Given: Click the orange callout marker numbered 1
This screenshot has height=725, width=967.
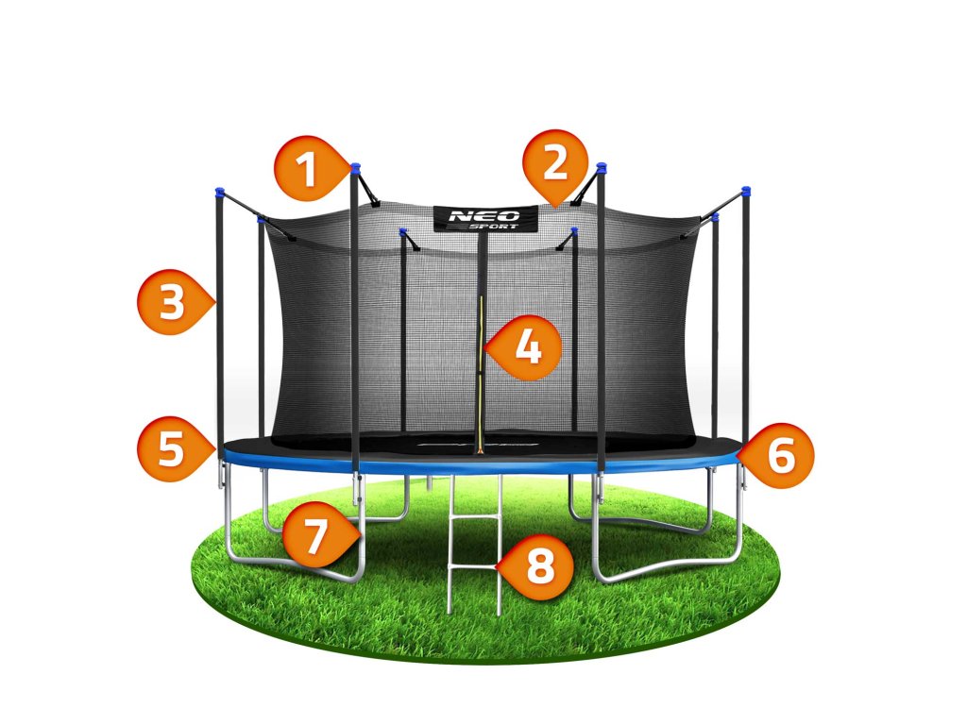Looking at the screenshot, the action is click(306, 171).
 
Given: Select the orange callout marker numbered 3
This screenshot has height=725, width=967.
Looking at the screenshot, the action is click(171, 304).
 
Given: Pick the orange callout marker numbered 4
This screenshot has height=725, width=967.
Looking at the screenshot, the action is click(528, 347).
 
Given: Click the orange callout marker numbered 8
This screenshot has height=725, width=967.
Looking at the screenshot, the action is click(539, 567).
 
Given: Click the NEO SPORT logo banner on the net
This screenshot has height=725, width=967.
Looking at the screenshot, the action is click(485, 218).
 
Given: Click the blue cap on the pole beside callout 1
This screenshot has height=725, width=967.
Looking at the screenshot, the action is click(355, 168).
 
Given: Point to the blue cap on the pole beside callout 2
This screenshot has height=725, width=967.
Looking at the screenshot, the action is click(602, 169).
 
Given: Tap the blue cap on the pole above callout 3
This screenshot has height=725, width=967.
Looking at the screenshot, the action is click(218, 193).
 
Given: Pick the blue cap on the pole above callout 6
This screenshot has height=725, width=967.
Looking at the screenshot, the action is click(745, 192).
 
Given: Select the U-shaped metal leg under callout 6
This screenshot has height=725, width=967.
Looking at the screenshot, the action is click(667, 567).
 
